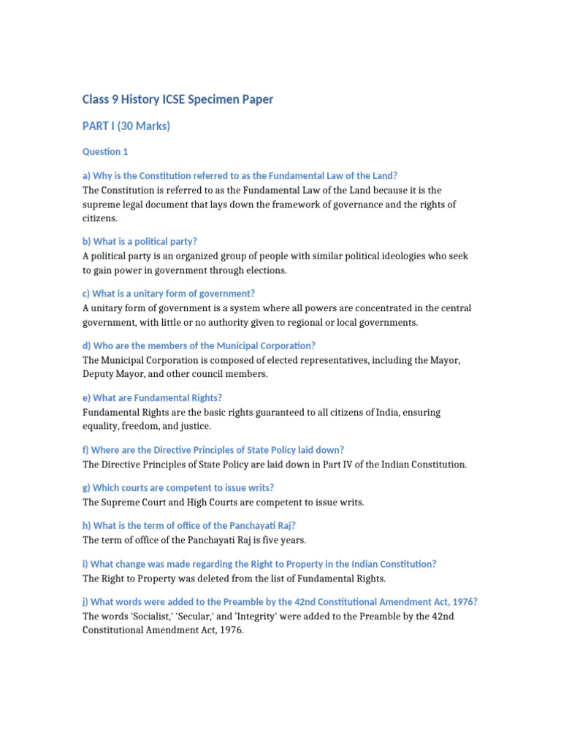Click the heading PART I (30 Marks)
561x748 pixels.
point(126,126)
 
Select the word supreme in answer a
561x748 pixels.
point(101,205)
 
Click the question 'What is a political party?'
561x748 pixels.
point(140,241)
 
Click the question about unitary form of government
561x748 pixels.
point(168,294)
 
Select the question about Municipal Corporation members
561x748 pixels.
point(199,346)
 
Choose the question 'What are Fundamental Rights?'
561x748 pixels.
point(152,398)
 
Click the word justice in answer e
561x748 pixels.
point(196,426)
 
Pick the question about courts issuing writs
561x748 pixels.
point(178,488)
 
